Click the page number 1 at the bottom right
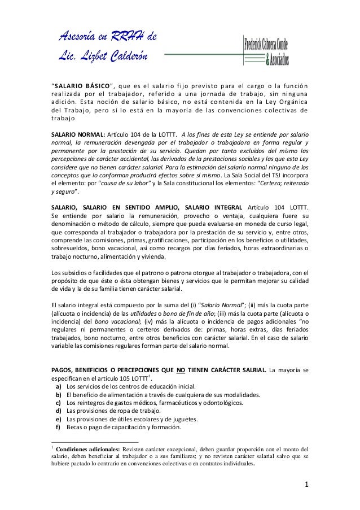tap(305, 485)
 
